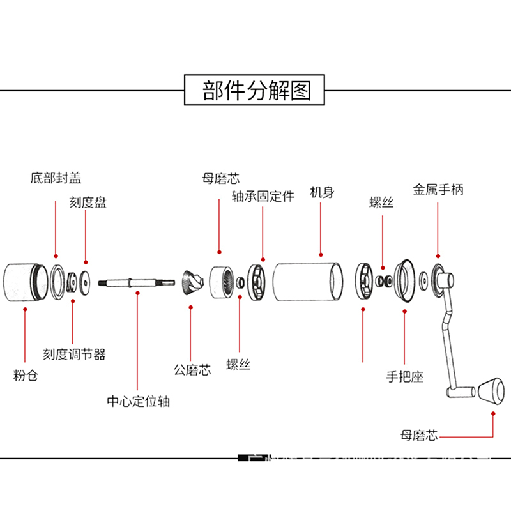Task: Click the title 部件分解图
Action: pyautogui.click(x=256, y=90)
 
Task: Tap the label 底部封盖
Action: pyautogui.click(x=56, y=178)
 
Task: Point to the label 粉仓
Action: pyautogui.click(x=25, y=375)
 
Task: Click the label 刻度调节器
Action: pyautogui.click(x=74, y=353)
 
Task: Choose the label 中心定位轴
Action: pyautogui.click(x=138, y=401)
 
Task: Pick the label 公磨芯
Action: pyautogui.click(x=192, y=369)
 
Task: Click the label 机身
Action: pyautogui.click(x=321, y=192)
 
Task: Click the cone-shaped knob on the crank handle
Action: pyautogui.click(x=491, y=391)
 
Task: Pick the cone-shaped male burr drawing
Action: pyautogui.click(x=191, y=282)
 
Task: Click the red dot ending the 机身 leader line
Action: pyautogui.click(x=320, y=253)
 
